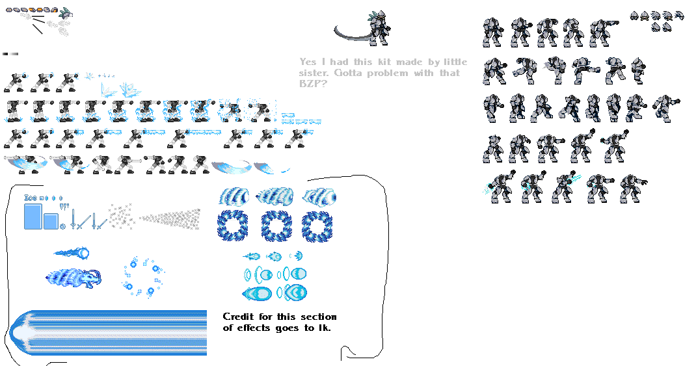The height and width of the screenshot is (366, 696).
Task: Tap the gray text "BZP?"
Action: click(x=312, y=83)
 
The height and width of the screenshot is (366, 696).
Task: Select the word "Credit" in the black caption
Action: click(x=238, y=317)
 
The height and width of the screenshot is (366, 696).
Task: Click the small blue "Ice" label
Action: click(x=30, y=198)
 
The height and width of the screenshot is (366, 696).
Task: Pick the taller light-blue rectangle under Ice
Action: click(x=33, y=216)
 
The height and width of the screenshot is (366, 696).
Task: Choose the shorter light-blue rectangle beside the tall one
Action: click(x=51, y=222)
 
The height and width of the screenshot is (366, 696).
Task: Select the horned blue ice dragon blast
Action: click(x=74, y=278)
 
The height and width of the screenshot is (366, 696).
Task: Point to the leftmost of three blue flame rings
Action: click(x=233, y=226)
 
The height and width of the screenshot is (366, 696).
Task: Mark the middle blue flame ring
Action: click(x=276, y=226)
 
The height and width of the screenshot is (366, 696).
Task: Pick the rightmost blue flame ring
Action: click(x=317, y=226)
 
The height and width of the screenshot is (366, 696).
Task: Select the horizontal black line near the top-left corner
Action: click(x=38, y=16)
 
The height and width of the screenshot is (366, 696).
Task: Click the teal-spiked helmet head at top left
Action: click(x=66, y=13)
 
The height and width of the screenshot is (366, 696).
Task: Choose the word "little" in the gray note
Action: click(x=455, y=62)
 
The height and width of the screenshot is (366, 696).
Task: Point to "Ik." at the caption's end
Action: click(x=325, y=328)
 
